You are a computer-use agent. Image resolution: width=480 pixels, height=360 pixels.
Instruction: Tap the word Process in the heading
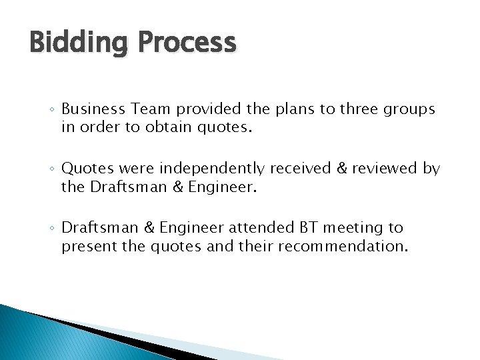pos(187,43)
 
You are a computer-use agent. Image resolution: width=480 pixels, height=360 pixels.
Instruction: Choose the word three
pos(359,109)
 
